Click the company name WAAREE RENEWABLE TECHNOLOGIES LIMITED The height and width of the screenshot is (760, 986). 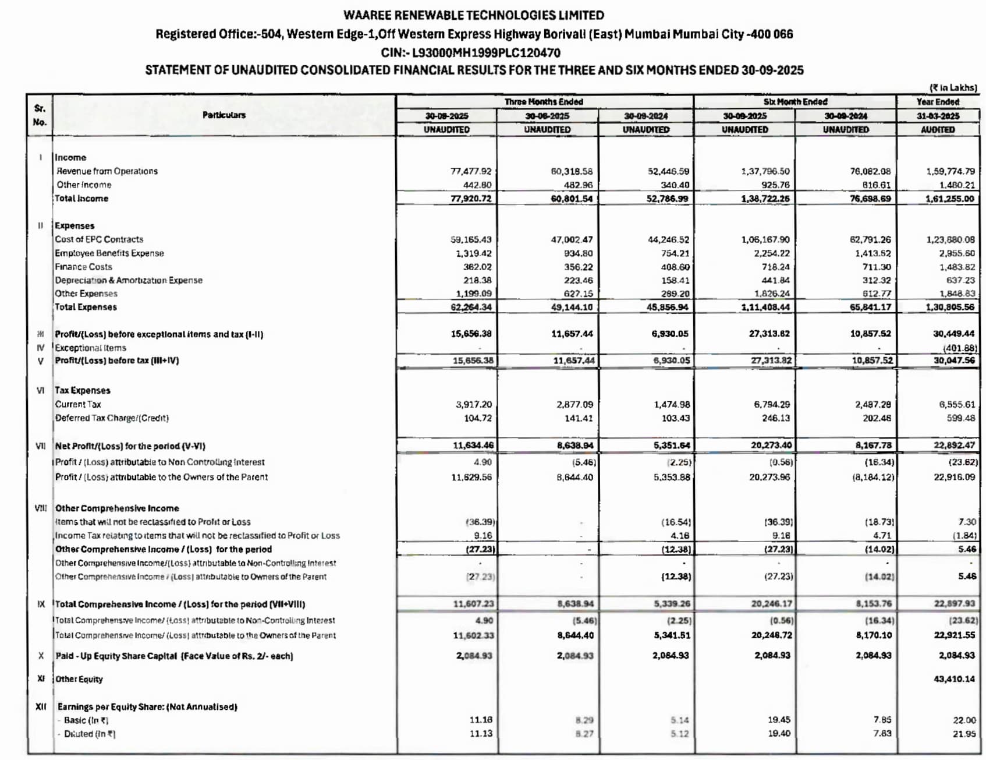473,15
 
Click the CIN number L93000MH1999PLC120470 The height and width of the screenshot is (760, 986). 486,52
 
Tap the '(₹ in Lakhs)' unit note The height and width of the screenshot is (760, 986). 953,87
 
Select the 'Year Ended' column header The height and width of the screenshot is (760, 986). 937,102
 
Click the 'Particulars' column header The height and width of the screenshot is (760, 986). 224,115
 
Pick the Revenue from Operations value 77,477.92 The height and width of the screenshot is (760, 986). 471,171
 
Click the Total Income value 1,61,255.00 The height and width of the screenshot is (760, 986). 949,199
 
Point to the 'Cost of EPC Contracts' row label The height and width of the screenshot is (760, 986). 99,239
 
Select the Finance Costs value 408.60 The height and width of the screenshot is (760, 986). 675,267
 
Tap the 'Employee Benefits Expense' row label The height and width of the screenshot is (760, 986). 109,253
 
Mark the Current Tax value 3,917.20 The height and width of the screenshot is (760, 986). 474,404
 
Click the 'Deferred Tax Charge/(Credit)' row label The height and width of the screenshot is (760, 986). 112,418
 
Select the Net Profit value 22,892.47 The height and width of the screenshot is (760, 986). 954,446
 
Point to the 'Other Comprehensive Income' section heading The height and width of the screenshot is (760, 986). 117,508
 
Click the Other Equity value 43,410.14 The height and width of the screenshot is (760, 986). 954,679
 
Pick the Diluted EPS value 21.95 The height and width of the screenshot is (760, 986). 964,734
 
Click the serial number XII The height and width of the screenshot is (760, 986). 41,706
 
